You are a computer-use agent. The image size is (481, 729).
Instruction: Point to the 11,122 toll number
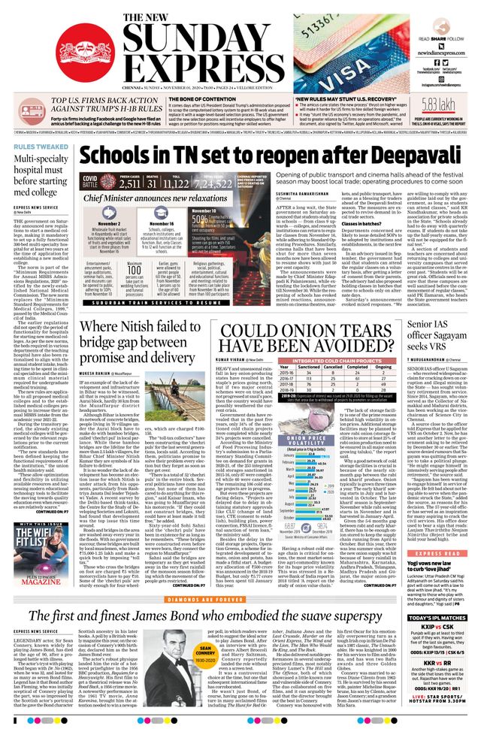point(176,183)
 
